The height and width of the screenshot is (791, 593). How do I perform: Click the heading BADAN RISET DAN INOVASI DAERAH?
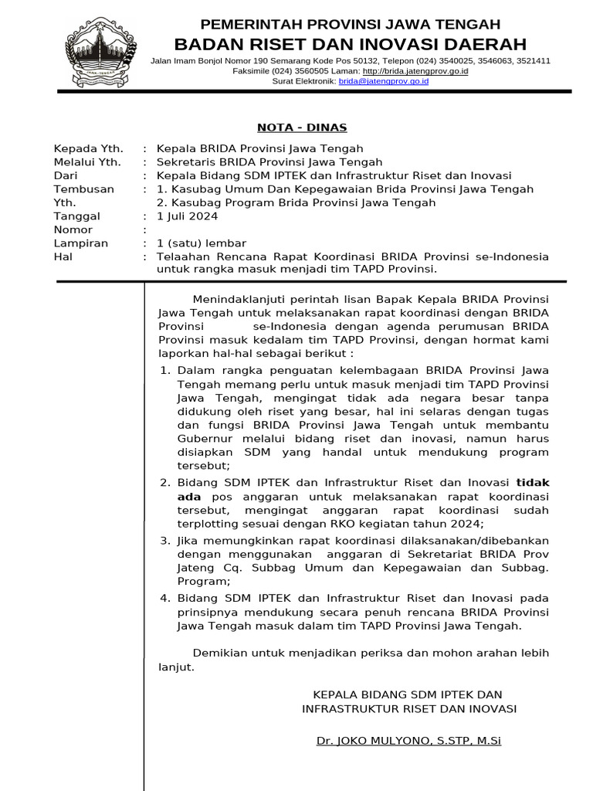[x=350, y=43]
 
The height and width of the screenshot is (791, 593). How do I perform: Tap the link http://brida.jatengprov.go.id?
[x=415, y=70]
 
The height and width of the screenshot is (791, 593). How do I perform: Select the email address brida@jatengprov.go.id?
[x=383, y=80]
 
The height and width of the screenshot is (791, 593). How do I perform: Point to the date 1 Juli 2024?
[x=187, y=216]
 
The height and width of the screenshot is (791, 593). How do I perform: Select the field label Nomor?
[x=73, y=229]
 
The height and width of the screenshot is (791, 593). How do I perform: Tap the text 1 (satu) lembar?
[x=202, y=243]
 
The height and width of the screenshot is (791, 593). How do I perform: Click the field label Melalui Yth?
[x=86, y=162]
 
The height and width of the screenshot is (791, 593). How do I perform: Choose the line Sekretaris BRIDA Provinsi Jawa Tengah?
[x=269, y=162]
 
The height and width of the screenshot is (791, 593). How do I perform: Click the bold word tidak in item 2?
[x=533, y=483]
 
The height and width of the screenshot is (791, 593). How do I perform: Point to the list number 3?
[x=164, y=541]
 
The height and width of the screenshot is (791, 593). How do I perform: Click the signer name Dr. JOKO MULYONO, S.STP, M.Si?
[x=408, y=741]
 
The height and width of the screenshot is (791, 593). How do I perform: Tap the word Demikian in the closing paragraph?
[x=219, y=653]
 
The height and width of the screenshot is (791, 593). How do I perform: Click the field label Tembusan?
[x=83, y=189]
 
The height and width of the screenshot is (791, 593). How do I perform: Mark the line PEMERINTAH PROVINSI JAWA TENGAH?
[x=350, y=24]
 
